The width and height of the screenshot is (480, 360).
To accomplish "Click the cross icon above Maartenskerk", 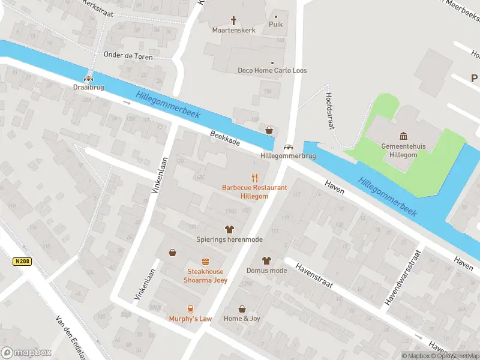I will tap(233, 19).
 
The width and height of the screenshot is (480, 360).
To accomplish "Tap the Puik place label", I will tap(276, 24).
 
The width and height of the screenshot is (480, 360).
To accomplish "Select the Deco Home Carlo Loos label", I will tap(272, 70).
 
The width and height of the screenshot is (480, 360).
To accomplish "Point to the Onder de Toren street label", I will tap(128, 56).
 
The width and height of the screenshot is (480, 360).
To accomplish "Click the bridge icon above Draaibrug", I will tap(89, 77).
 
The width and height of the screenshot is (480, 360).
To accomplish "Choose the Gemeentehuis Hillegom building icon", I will tap(403, 136).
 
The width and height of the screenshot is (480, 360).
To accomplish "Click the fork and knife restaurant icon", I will tap(254, 177).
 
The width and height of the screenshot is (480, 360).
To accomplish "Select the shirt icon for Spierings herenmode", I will tap(229, 229).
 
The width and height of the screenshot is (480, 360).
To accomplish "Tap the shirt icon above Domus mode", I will tap(266, 260).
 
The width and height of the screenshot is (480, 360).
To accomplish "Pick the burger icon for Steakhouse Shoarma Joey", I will tap(206, 262).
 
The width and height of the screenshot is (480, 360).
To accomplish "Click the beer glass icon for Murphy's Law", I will tap(190, 309).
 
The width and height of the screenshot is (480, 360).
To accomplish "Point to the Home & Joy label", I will tap(242, 318).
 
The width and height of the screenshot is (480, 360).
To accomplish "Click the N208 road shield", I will tap(21, 262).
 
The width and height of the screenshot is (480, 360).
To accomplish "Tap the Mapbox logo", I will tap(26, 353).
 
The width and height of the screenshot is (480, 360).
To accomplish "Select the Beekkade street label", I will tap(225, 139).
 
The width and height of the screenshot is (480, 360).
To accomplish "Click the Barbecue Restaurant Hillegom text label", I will tap(254, 191).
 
